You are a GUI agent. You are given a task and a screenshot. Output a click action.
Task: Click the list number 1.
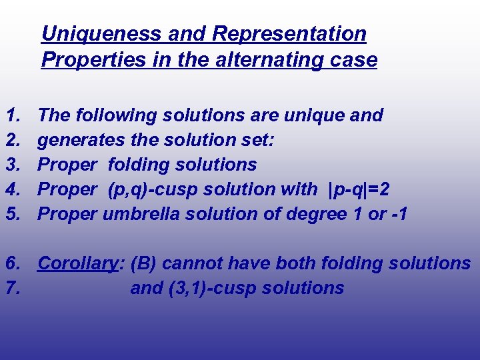click(13, 115)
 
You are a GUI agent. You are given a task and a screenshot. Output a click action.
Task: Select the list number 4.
click(13, 189)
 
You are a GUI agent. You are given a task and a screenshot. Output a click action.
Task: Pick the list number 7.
click(13, 288)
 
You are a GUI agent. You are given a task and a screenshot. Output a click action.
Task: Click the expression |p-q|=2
click(360, 189)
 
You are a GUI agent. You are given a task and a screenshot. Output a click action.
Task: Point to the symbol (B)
click(143, 263)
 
